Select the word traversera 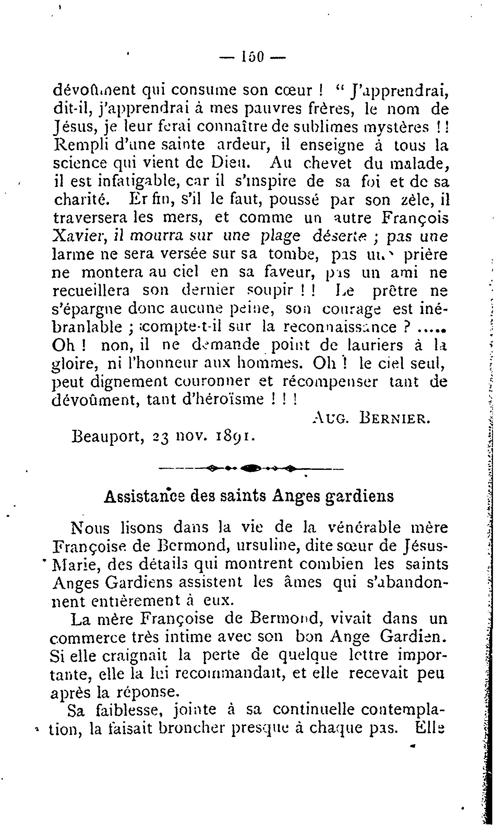(91, 218)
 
